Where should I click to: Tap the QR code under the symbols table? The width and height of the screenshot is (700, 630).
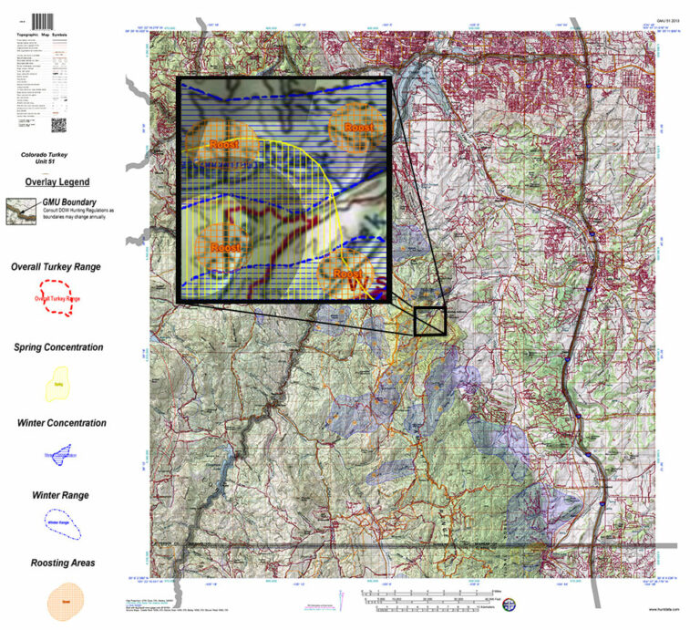point(57,125)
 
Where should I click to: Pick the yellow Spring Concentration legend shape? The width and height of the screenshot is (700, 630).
point(58,383)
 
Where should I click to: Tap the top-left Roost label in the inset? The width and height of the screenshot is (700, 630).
point(222,144)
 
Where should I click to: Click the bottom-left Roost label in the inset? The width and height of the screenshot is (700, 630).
point(223,247)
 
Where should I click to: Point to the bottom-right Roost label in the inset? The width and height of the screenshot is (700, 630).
point(347,274)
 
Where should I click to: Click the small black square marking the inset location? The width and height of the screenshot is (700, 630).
point(429,322)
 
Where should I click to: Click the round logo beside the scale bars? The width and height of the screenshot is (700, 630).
point(510,603)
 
